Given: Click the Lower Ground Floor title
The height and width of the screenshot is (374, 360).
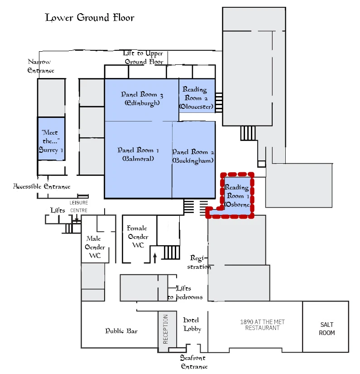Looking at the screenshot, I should pyautogui.click(x=90, y=18).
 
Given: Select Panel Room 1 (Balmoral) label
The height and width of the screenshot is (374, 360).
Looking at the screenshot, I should pyautogui.click(x=138, y=154).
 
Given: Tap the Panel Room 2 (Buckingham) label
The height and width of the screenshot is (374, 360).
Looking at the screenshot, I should pyautogui.click(x=193, y=156).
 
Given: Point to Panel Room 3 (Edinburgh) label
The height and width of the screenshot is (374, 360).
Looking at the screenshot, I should pyautogui.click(x=142, y=98).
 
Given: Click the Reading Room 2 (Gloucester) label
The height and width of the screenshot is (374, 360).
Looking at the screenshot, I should pyautogui.click(x=196, y=98).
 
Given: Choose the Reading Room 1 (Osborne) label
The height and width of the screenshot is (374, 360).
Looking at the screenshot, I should pyautogui.click(x=237, y=196).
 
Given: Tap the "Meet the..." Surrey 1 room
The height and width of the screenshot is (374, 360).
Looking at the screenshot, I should pyautogui.click(x=51, y=141).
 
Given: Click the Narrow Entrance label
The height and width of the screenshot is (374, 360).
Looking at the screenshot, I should pyautogui.click(x=40, y=66).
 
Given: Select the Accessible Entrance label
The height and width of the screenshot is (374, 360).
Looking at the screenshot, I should pyautogui.click(x=42, y=186).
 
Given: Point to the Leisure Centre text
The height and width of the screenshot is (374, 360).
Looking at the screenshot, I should pyautogui.click(x=78, y=207).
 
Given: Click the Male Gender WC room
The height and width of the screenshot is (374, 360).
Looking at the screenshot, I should pyautogui.click(x=95, y=248).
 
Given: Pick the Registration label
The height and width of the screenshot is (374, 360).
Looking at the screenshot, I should pyautogui.click(x=200, y=262).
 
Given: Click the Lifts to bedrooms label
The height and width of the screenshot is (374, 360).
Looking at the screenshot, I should pyautogui.click(x=185, y=293).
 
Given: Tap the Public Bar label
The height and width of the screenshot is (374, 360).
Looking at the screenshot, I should pyautogui.click(x=121, y=331).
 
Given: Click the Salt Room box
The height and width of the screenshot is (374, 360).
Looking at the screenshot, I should pyautogui.click(x=326, y=329).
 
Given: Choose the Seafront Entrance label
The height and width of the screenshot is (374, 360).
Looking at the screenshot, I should pyautogui.click(x=194, y=362).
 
